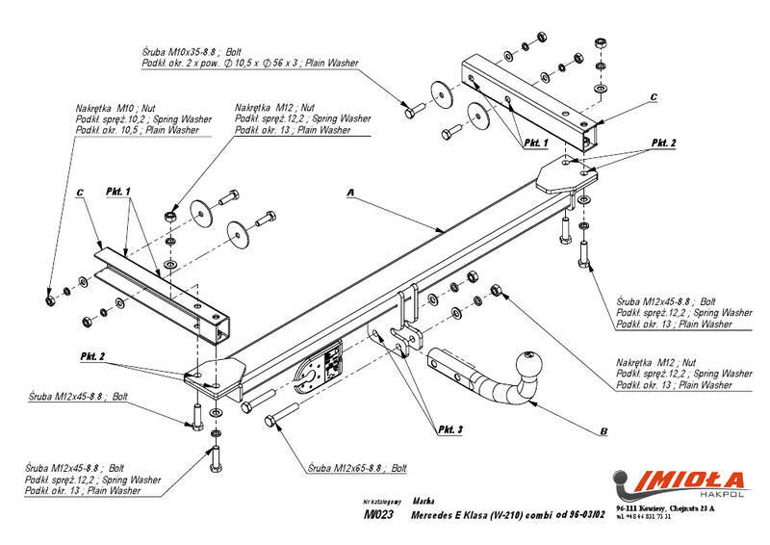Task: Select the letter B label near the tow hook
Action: [x=603, y=430]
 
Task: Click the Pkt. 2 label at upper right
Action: [x=664, y=142]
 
